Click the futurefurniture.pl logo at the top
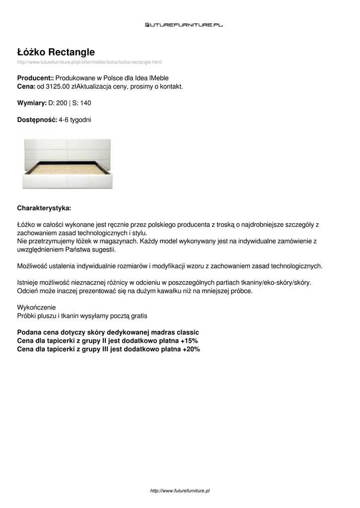[184, 25]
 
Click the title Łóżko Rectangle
[56, 52]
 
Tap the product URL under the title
[90, 62]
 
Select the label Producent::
[35, 78]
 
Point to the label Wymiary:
[32, 103]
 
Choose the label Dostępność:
[37, 120]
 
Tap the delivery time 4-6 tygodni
[75, 120]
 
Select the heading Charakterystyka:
[44, 208]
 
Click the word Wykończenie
[37, 308]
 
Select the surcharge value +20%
[190, 349]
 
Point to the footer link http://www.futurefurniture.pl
[180, 490]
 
